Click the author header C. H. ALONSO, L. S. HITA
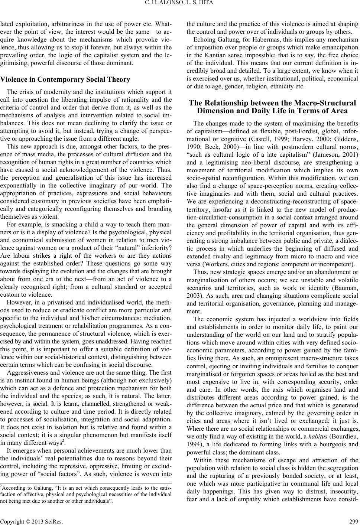click(180, 4)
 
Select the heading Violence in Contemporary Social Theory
click(65, 79)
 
